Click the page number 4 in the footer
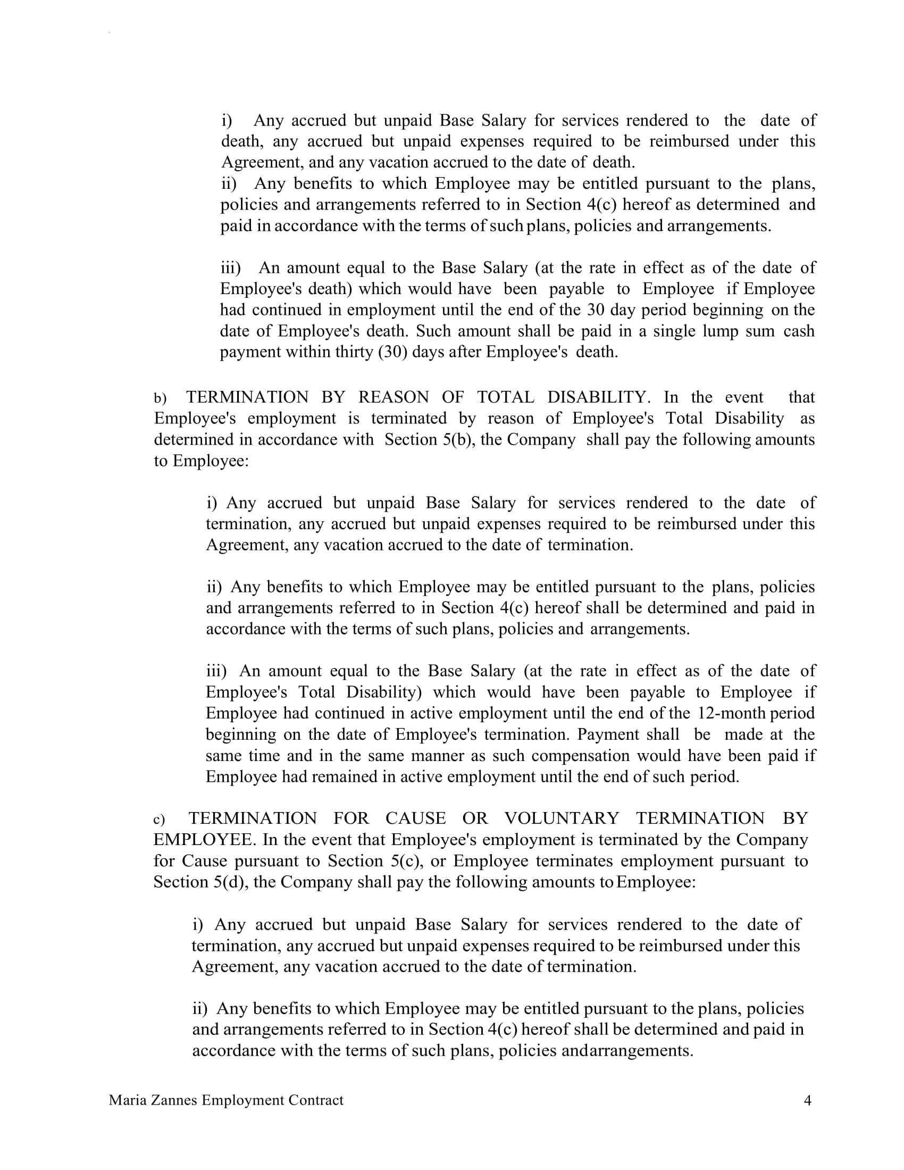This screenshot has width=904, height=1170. [808, 1100]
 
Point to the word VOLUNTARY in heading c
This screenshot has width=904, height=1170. [561, 818]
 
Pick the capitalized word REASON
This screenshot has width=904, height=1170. [394, 397]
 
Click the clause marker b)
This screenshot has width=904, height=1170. [160, 398]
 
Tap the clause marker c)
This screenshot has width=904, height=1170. [159, 820]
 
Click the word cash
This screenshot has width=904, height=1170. [799, 331]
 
